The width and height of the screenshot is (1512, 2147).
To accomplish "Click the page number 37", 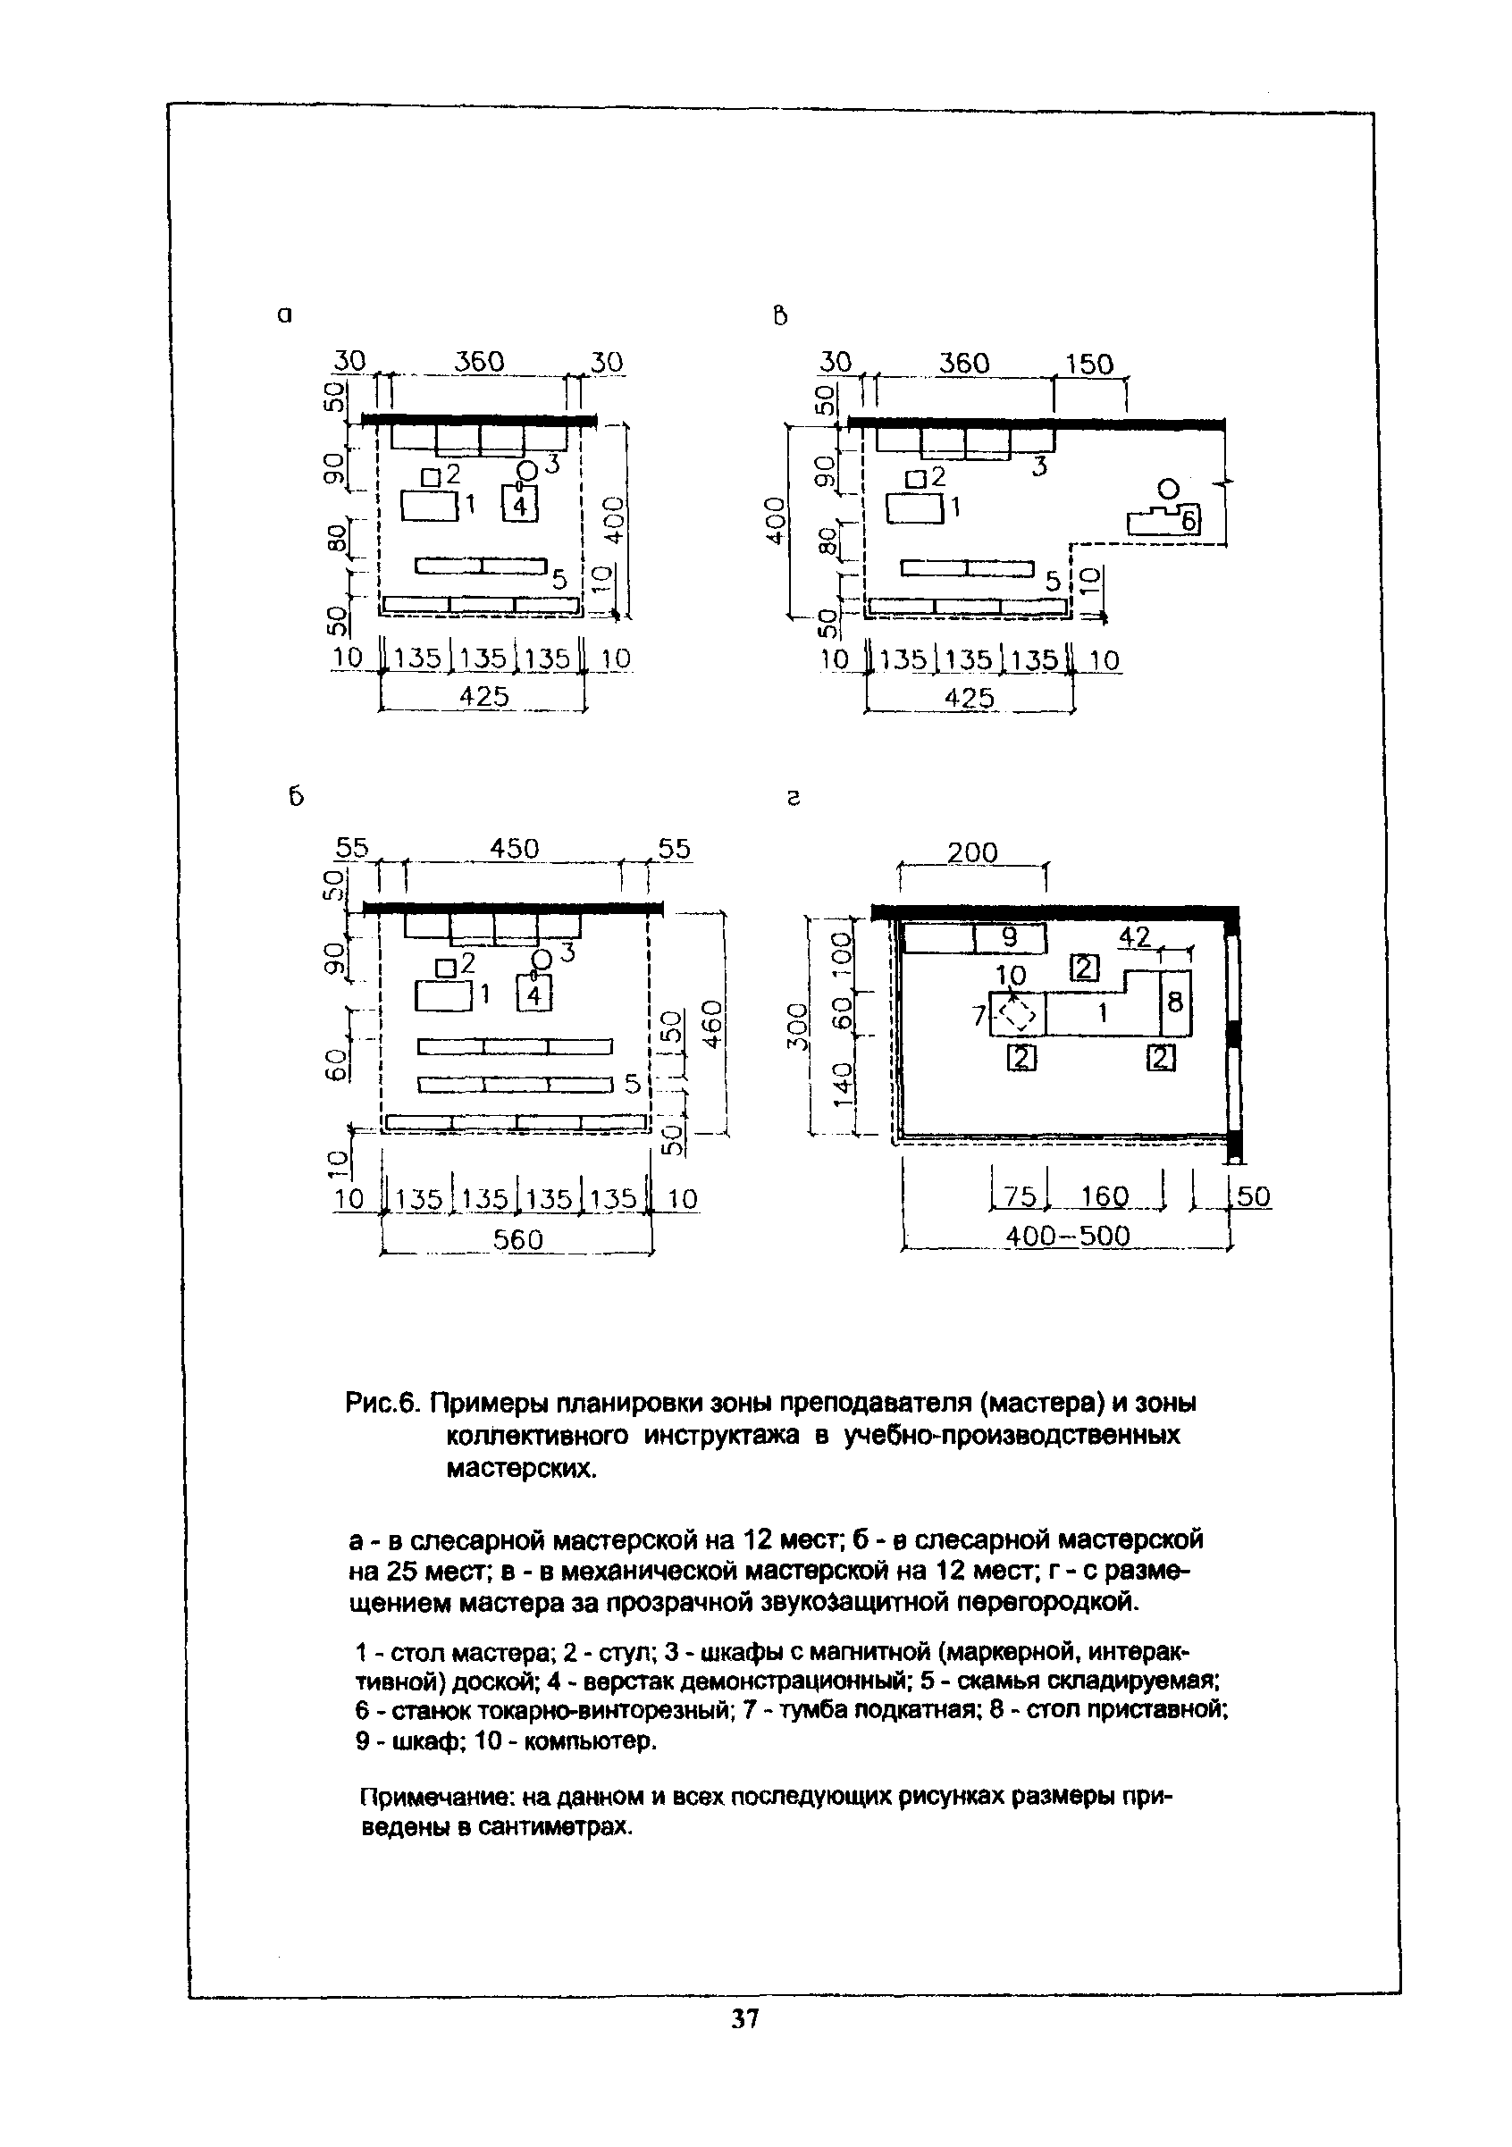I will (x=744, y=2044).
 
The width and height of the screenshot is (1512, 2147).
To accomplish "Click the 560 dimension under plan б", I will (x=518, y=1239).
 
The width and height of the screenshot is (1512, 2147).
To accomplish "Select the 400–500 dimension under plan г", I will (x=1067, y=1237).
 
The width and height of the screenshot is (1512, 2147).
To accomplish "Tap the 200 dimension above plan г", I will (x=972, y=853).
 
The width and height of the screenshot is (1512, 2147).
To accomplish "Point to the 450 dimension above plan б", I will (x=515, y=848).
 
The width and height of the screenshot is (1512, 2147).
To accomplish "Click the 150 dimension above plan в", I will (x=1088, y=364).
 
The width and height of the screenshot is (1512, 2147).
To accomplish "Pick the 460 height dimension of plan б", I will (x=712, y=1024).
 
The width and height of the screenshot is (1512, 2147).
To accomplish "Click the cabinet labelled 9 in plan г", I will (x=1009, y=937).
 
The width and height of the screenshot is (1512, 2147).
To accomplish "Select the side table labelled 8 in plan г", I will (x=1175, y=1002).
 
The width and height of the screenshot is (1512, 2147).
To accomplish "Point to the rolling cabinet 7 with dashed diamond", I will (x=1015, y=1015).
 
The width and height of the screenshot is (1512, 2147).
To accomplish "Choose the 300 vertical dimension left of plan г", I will (x=795, y=1027).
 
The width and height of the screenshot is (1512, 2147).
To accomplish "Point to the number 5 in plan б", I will (x=632, y=1084).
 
